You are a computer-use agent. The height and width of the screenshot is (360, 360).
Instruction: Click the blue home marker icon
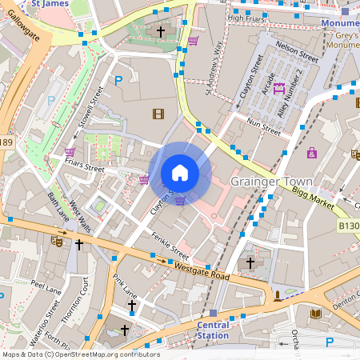pos(180,173)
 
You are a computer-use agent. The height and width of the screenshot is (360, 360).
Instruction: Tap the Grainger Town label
pos(270,182)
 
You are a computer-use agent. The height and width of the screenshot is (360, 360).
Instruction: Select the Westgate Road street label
pos(202,270)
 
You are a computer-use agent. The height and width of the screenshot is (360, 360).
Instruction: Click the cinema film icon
pos(158,113)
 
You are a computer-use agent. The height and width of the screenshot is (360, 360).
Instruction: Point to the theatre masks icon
pos(57,239)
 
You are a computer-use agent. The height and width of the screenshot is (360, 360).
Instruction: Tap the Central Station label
pos(213,330)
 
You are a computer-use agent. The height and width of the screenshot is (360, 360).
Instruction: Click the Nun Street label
pos(265,124)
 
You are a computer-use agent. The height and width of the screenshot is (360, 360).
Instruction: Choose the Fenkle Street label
pos(170,245)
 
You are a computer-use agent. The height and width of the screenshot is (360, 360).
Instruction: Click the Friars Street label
pos(84,169)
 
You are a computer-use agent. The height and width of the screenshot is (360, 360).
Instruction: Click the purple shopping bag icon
pos(311,152)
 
